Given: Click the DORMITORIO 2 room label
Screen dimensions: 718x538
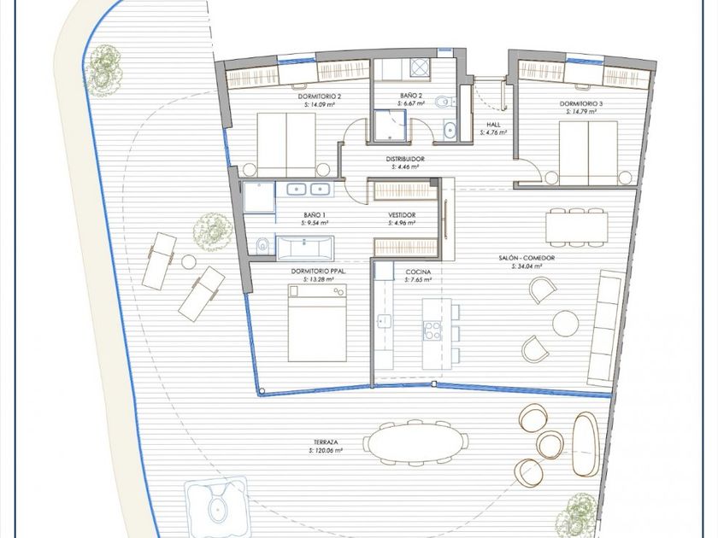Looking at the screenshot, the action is [319, 96].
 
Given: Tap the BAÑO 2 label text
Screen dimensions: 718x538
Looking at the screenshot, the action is [411, 96].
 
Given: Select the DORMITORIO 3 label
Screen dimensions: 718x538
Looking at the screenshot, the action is [581, 104].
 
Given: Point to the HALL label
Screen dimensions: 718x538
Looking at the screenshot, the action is [494, 125].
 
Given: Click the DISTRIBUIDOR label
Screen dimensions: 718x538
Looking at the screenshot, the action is [405, 159].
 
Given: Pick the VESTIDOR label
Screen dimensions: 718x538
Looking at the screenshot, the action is [402, 215].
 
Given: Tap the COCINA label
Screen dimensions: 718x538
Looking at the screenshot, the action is [418, 272].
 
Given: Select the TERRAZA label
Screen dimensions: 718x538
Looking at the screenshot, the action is [326, 442].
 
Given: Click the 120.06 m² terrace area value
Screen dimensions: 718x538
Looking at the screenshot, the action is [328, 451].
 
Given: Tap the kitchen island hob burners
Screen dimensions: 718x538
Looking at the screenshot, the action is [432, 330].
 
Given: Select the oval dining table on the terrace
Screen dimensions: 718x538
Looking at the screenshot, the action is [415, 442].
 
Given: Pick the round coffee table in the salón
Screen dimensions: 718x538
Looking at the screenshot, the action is [566, 323].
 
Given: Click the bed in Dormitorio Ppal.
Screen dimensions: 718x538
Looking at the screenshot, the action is [317, 323].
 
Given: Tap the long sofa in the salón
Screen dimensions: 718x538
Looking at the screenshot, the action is [606, 328].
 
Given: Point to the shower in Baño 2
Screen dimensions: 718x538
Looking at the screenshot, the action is [390, 126].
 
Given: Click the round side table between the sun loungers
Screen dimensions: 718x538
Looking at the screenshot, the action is [189, 262].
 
